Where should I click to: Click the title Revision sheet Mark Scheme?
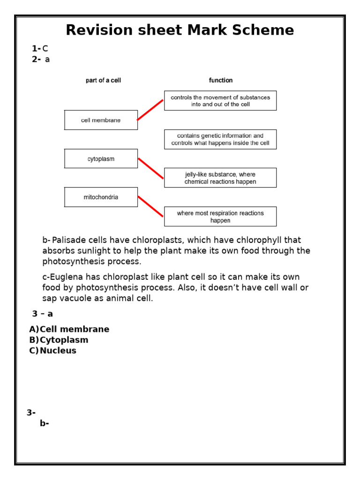(180, 30)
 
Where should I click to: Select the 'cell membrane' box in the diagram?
(101, 120)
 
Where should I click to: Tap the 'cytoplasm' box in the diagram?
(101, 159)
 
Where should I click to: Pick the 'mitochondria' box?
(101, 197)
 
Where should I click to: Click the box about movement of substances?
(220, 101)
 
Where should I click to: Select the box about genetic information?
(220, 139)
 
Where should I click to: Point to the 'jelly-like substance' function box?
(220, 178)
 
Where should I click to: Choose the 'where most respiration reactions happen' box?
(220, 217)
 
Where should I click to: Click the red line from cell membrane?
(150, 110)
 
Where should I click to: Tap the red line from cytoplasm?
(150, 168)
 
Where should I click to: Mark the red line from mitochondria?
(150, 207)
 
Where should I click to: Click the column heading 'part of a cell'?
(103, 81)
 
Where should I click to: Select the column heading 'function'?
(221, 81)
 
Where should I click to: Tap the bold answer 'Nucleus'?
(58, 351)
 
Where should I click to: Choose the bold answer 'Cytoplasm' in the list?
(64, 340)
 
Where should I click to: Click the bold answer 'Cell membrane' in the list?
(74, 329)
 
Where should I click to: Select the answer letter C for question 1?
(45, 49)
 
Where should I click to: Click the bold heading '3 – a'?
(43, 314)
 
